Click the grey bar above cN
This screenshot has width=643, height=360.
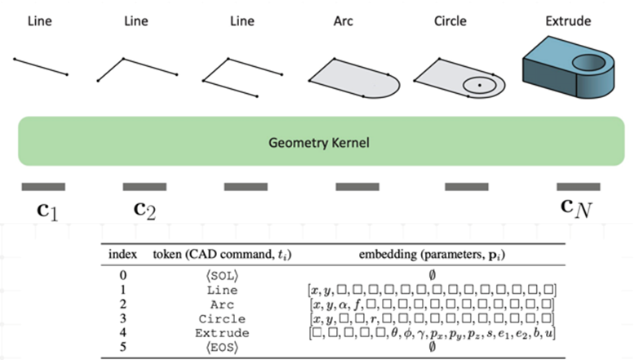(x=578, y=186)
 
